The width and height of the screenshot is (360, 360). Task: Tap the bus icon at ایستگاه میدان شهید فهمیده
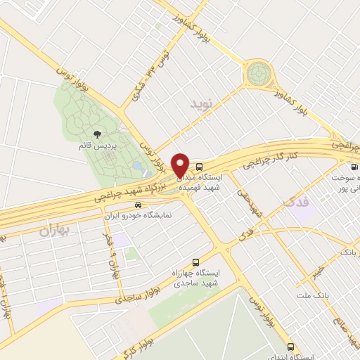[x=200, y=167]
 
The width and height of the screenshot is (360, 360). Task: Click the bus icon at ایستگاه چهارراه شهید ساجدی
[x=196, y=262]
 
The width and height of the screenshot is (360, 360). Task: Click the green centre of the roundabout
[x=258, y=72]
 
